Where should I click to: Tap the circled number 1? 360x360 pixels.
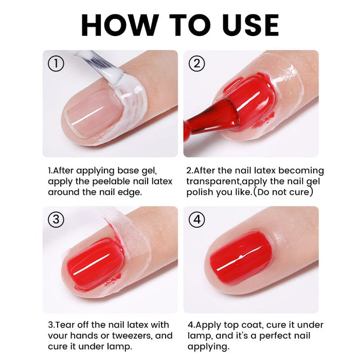(x=56, y=64)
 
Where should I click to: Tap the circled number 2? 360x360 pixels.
(x=197, y=64)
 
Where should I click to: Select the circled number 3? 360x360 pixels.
(x=56, y=220)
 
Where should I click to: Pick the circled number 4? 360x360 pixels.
(x=197, y=220)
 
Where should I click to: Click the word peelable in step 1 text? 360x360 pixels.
(x=105, y=181)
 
